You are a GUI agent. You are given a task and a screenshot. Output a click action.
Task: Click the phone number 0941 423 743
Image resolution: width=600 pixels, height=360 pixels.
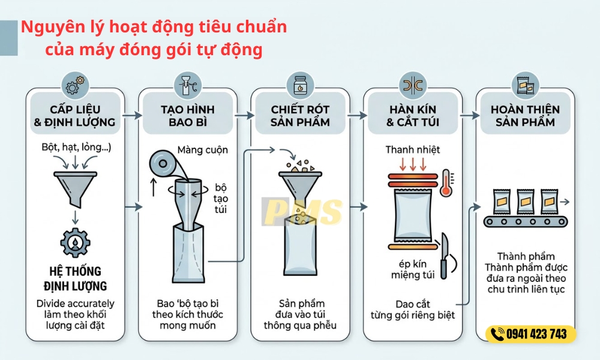click(x=536, y=334)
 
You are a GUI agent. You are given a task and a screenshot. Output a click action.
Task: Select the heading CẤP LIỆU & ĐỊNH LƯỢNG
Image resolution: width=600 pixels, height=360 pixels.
click(x=75, y=116)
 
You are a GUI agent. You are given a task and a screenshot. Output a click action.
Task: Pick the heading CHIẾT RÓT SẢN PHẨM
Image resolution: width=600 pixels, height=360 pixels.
click(x=300, y=116)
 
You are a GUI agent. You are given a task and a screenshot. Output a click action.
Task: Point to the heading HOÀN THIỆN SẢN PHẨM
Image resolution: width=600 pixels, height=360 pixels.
click(x=525, y=116)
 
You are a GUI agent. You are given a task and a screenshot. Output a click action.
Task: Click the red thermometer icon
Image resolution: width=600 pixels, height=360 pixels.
click(x=445, y=182)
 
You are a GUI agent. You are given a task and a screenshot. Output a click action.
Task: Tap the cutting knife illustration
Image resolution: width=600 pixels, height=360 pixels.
click(x=445, y=254)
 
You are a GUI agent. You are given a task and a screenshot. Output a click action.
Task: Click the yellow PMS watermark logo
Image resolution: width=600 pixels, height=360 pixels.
click(x=303, y=212)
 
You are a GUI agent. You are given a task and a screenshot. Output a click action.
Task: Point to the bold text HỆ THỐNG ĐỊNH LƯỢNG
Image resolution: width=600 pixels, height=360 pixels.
click(x=75, y=278)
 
